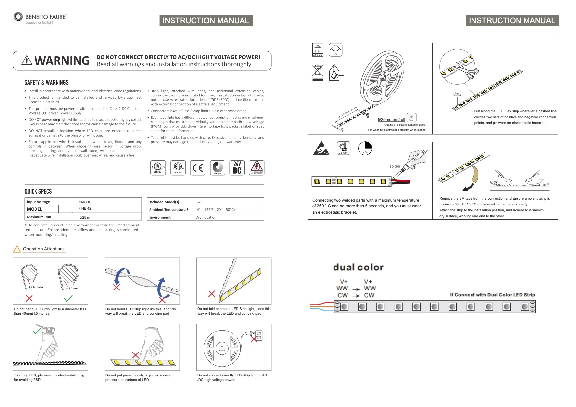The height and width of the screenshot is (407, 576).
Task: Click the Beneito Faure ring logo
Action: point(18,17)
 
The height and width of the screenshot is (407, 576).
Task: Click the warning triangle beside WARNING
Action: point(27,60)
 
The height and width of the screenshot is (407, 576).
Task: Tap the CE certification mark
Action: point(197,168)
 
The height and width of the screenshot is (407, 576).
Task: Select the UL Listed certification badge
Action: point(158,168)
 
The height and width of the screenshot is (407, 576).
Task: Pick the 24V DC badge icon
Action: point(237,168)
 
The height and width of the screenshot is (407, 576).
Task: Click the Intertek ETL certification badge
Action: point(178,168)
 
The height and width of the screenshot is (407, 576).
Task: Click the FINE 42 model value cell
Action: point(85,209)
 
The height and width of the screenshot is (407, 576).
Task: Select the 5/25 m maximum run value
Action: point(85,217)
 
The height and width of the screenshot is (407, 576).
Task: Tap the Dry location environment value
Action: point(206,217)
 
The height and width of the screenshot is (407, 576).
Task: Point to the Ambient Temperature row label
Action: point(169,210)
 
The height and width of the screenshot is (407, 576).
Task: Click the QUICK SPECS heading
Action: point(38,192)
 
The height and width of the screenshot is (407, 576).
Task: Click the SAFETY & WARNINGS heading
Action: point(47,83)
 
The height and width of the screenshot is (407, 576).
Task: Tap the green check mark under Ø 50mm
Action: point(68,298)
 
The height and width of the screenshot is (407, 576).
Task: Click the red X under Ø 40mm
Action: point(29,298)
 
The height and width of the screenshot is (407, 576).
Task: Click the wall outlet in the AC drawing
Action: point(259,335)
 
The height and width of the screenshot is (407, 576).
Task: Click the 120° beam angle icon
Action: point(335,50)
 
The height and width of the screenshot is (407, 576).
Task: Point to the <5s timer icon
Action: point(365,148)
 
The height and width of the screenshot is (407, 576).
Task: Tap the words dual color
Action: point(358,267)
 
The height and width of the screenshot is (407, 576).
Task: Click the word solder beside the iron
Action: point(395,166)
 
